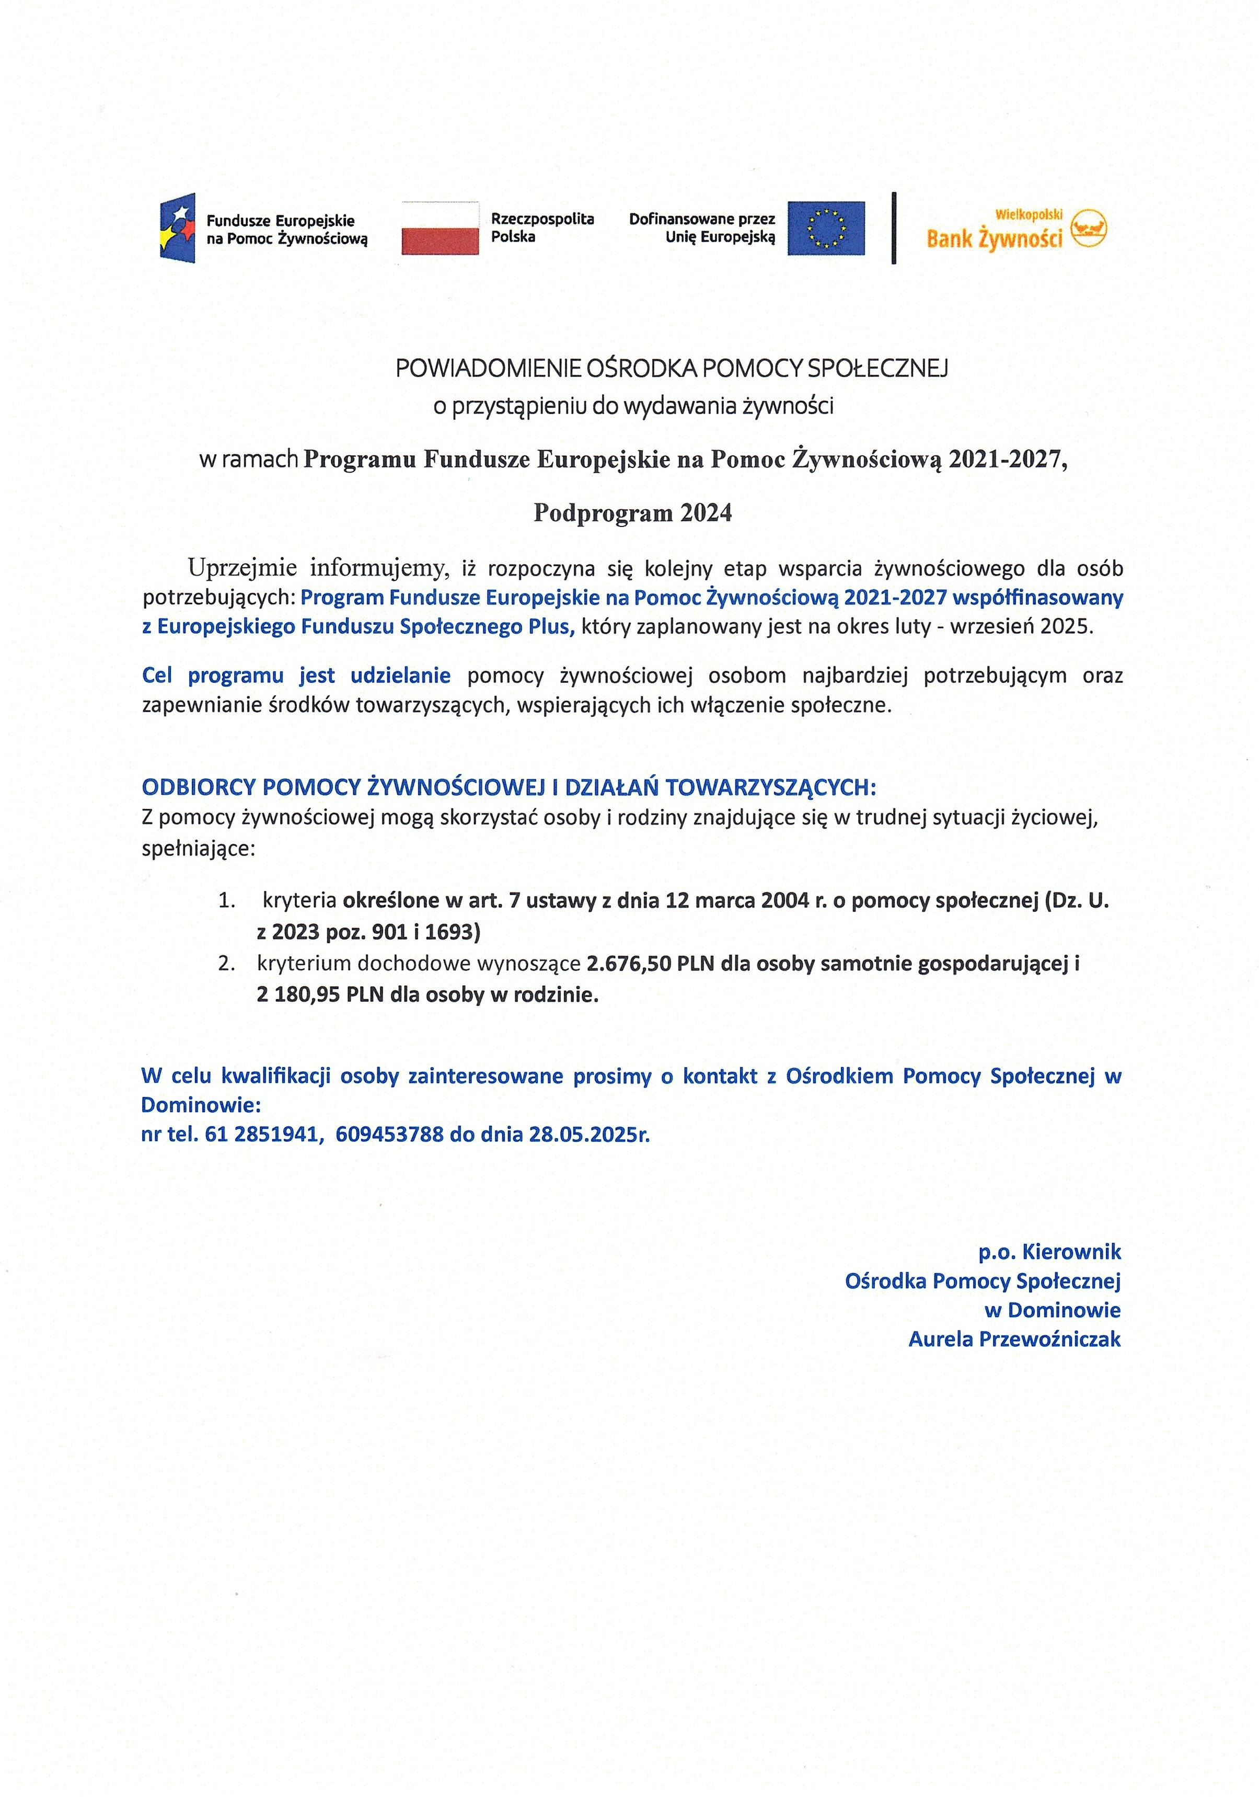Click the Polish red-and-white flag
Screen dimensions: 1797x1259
tap(440, 228)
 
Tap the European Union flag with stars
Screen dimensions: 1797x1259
tap(826, 228)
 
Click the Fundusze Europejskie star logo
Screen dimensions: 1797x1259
tap(178, 228)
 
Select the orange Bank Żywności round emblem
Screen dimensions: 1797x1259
tap(1089, 228)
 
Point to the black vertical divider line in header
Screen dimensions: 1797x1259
tap(894, 228)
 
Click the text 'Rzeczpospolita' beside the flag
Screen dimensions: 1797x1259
tap(542, 219)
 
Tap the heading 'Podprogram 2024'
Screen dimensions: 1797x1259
tap(632, 513)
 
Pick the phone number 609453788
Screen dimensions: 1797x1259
tap(389, 1134)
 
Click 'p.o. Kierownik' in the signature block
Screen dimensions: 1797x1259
tap(1049, 1252)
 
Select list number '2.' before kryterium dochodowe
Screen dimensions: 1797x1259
tap(227, 964)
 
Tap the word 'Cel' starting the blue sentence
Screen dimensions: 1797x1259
tap(156, 676)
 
